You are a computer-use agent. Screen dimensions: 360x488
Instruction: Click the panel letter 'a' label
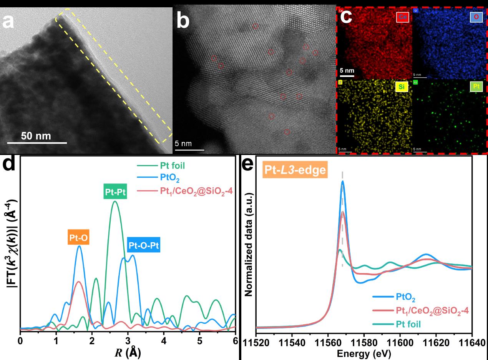[8, 22]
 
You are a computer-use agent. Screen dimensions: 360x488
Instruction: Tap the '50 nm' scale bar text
[36, 136]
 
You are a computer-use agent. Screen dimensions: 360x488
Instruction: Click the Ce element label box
[402, 17]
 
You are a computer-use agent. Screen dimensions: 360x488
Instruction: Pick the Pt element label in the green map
[476, 87]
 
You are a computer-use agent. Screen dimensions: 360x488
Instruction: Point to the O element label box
[476, 17]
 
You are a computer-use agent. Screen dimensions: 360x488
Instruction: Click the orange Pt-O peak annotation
[79, 238]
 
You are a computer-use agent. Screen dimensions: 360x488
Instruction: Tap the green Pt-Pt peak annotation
[115, 191]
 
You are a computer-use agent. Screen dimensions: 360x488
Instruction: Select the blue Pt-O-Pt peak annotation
[144, 245]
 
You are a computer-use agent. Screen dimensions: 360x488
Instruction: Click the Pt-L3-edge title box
[295, 170]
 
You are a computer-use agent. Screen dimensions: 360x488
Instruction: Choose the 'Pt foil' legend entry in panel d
[173, 166]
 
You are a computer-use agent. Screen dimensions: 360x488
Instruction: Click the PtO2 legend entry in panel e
[406, 297]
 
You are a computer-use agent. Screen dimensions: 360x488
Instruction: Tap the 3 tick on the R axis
[128, 341]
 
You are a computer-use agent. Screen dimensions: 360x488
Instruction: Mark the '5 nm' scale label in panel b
[183, 143]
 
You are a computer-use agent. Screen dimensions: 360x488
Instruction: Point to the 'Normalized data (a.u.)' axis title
[248, 245]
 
